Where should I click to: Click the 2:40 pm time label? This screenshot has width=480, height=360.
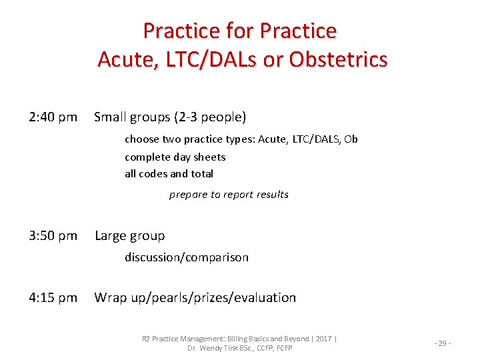(x=53, y=118)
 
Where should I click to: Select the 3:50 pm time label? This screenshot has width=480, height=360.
(x=53, y=236)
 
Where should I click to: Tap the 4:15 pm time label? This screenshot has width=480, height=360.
(x=53, y=298)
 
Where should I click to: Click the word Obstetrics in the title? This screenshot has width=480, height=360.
(x=338, y=60)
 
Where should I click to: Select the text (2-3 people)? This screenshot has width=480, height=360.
(x=210, y=118)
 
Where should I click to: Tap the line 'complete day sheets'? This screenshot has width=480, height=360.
(x=175, y=157)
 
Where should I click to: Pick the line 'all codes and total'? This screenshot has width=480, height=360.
(x=169, y=174)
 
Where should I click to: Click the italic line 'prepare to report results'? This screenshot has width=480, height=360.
(x=229, y=195)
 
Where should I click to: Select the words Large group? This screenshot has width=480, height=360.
(x=129, y=236)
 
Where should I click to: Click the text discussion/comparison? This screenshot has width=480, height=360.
(x=186, y=257)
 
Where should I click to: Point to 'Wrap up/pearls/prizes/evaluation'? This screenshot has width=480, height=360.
(x=195, y=298)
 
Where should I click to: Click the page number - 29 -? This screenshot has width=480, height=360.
(x=443, y=343)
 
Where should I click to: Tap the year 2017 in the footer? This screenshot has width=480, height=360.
(x=323, y=339)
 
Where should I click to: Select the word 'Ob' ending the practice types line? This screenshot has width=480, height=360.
(x=351, y=139)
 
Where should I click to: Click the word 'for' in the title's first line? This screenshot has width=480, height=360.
(x=240, y=31)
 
